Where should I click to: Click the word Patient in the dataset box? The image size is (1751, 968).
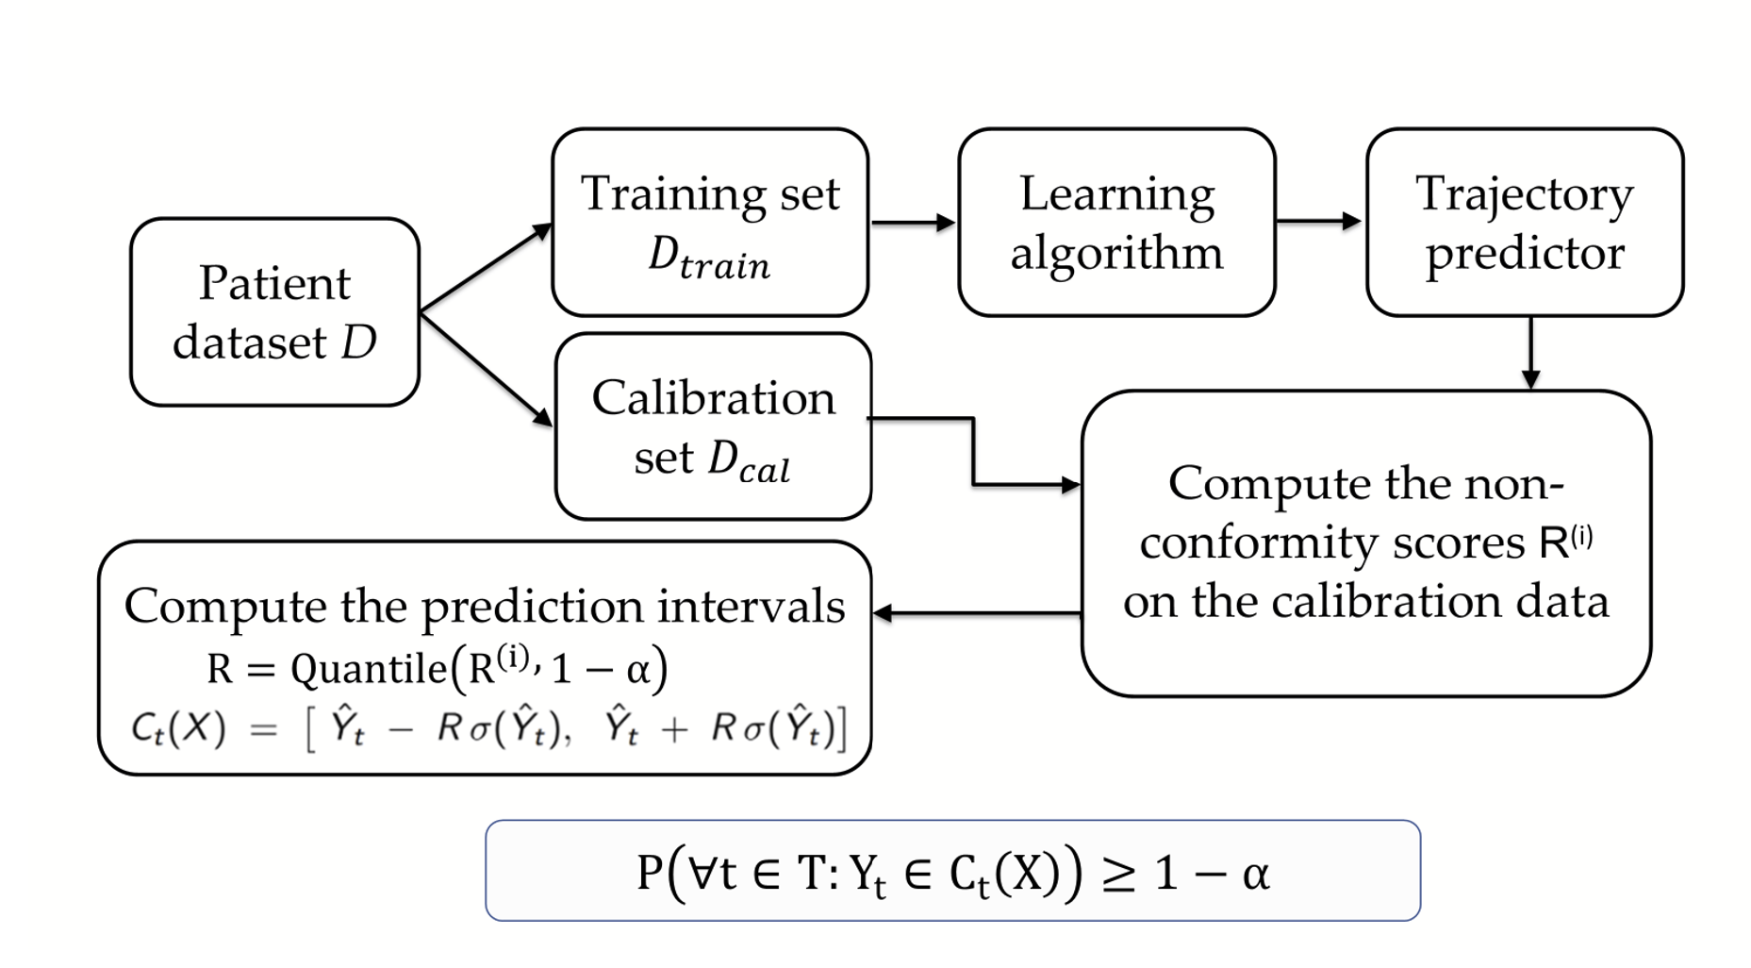coord(274,283)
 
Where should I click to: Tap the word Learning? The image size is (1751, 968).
coord(1116,194)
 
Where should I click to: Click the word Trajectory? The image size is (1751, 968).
coord(1524,196)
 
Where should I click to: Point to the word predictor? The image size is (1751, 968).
coord(1525,253)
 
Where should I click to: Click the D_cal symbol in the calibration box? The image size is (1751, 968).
coord(749,460)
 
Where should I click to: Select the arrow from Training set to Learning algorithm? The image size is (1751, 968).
coord(912,223)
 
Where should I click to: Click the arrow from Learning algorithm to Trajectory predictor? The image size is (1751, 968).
coord(1318,222)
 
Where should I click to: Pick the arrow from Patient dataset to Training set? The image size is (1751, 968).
coord(486,268)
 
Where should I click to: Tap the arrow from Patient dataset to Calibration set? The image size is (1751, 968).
coord(486,370)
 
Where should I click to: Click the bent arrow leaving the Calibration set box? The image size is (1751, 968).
coord(973,453)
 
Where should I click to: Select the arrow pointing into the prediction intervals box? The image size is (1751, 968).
coord(977,613)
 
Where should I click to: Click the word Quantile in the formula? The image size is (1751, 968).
coord(369,669)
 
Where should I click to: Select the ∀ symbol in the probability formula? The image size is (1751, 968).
coord(702,873)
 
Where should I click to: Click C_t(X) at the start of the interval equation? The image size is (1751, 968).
coord(178,728)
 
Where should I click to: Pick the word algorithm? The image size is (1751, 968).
coord(1116,253)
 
